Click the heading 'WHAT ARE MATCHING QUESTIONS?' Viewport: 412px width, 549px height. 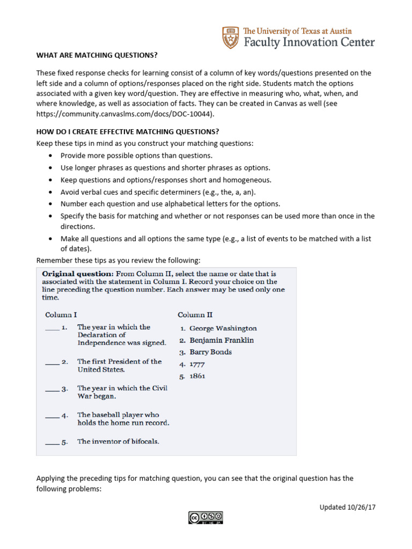[97, 55]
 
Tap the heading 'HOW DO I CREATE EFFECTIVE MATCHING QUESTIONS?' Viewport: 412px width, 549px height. [128, 131]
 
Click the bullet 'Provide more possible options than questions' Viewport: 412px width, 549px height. [136, 155]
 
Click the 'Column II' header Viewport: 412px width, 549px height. [195, 315]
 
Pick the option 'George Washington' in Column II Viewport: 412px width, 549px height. [223, 328]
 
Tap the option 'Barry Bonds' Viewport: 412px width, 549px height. [210, 352]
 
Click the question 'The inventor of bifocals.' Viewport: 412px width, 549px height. [118, 442]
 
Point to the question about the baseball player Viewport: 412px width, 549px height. [123, 419]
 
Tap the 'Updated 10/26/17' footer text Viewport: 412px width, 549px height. [347, 507]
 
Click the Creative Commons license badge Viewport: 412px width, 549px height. [205, 517]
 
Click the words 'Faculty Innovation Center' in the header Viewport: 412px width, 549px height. [308, 42]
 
